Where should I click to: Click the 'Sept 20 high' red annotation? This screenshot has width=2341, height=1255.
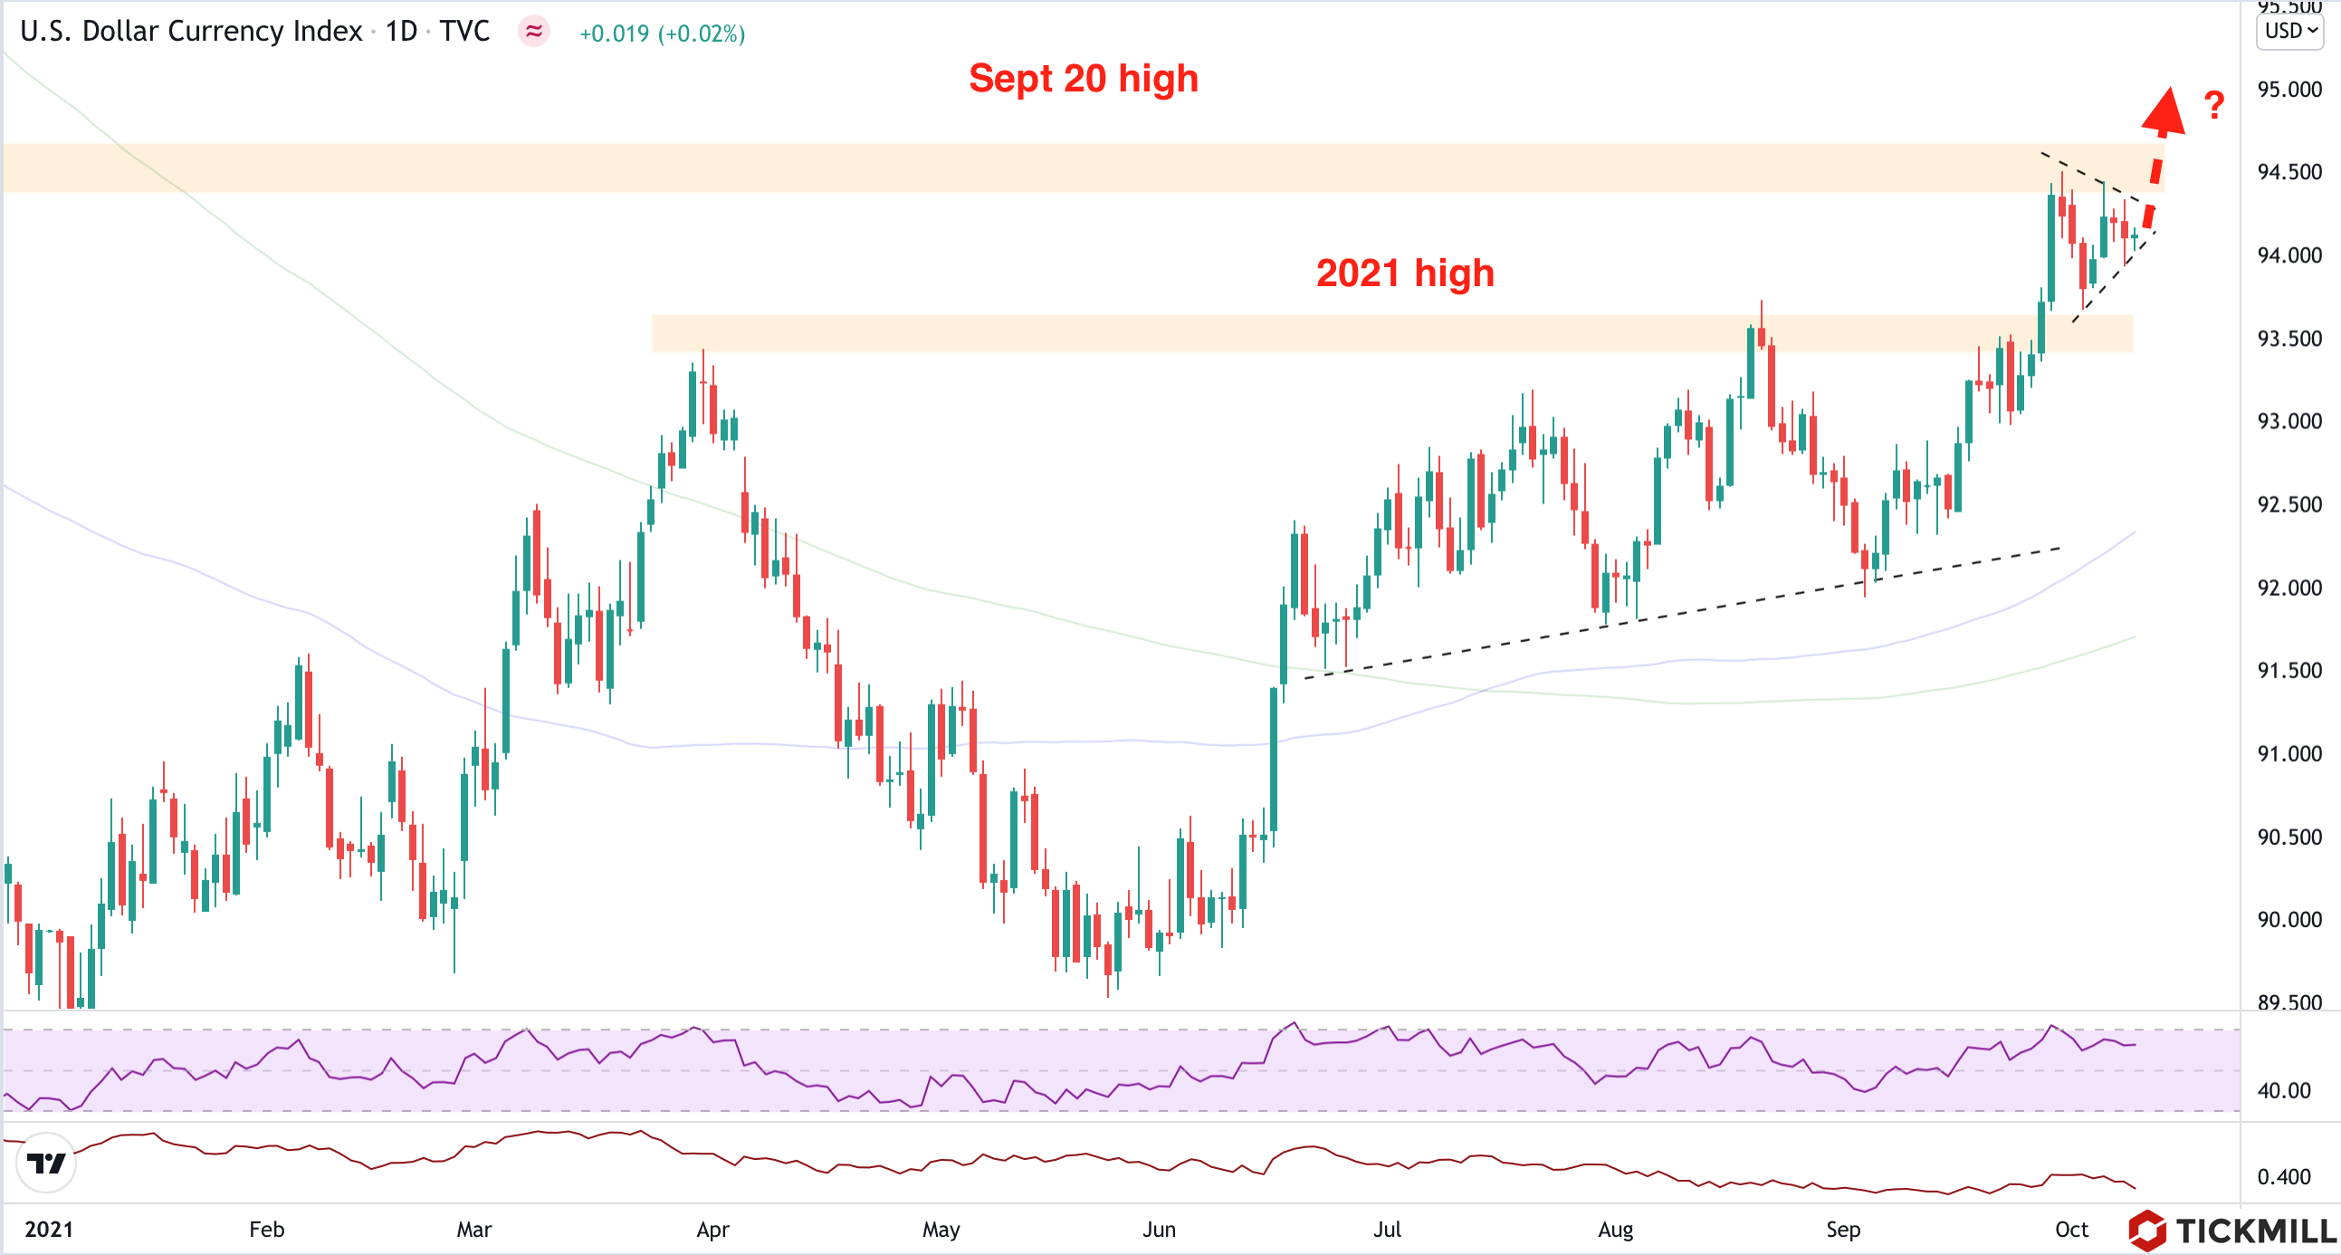click(1084, 79)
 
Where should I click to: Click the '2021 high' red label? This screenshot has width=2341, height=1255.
click(1405, 273)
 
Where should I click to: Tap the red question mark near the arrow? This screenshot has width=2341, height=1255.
click(2213, 105)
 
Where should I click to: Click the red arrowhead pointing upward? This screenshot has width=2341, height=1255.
click(2164, 111)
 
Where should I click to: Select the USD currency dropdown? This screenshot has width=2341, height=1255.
click(2289, 31)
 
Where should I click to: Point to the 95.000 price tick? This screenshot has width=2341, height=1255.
click(2289, 89)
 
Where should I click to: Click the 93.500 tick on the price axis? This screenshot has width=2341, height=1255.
click(2289, 339)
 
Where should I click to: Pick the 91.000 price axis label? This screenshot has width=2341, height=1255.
click(2289, 753)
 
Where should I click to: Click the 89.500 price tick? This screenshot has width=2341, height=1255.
click(2289, 1001)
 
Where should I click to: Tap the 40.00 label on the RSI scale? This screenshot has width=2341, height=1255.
click(2284, 1090)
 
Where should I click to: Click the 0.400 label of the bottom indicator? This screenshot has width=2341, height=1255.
click(2284, 1177)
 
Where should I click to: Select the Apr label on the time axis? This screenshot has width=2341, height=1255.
click(712, 1230)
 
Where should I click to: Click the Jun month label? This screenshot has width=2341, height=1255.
click(1159, 1230)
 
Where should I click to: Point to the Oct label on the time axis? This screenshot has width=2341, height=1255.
click(2071, 1230)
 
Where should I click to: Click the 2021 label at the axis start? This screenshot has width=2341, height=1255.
click(48, 1230)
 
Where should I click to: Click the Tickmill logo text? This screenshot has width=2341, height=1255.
click(2255, 1231)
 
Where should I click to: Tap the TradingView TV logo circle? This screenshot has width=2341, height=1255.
click(45, 1163)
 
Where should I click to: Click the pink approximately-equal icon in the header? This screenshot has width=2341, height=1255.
click(533, 32)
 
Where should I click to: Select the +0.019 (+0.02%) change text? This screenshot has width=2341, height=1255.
click(662, 34)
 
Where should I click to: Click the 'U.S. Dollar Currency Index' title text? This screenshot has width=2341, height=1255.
click(191, 32)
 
